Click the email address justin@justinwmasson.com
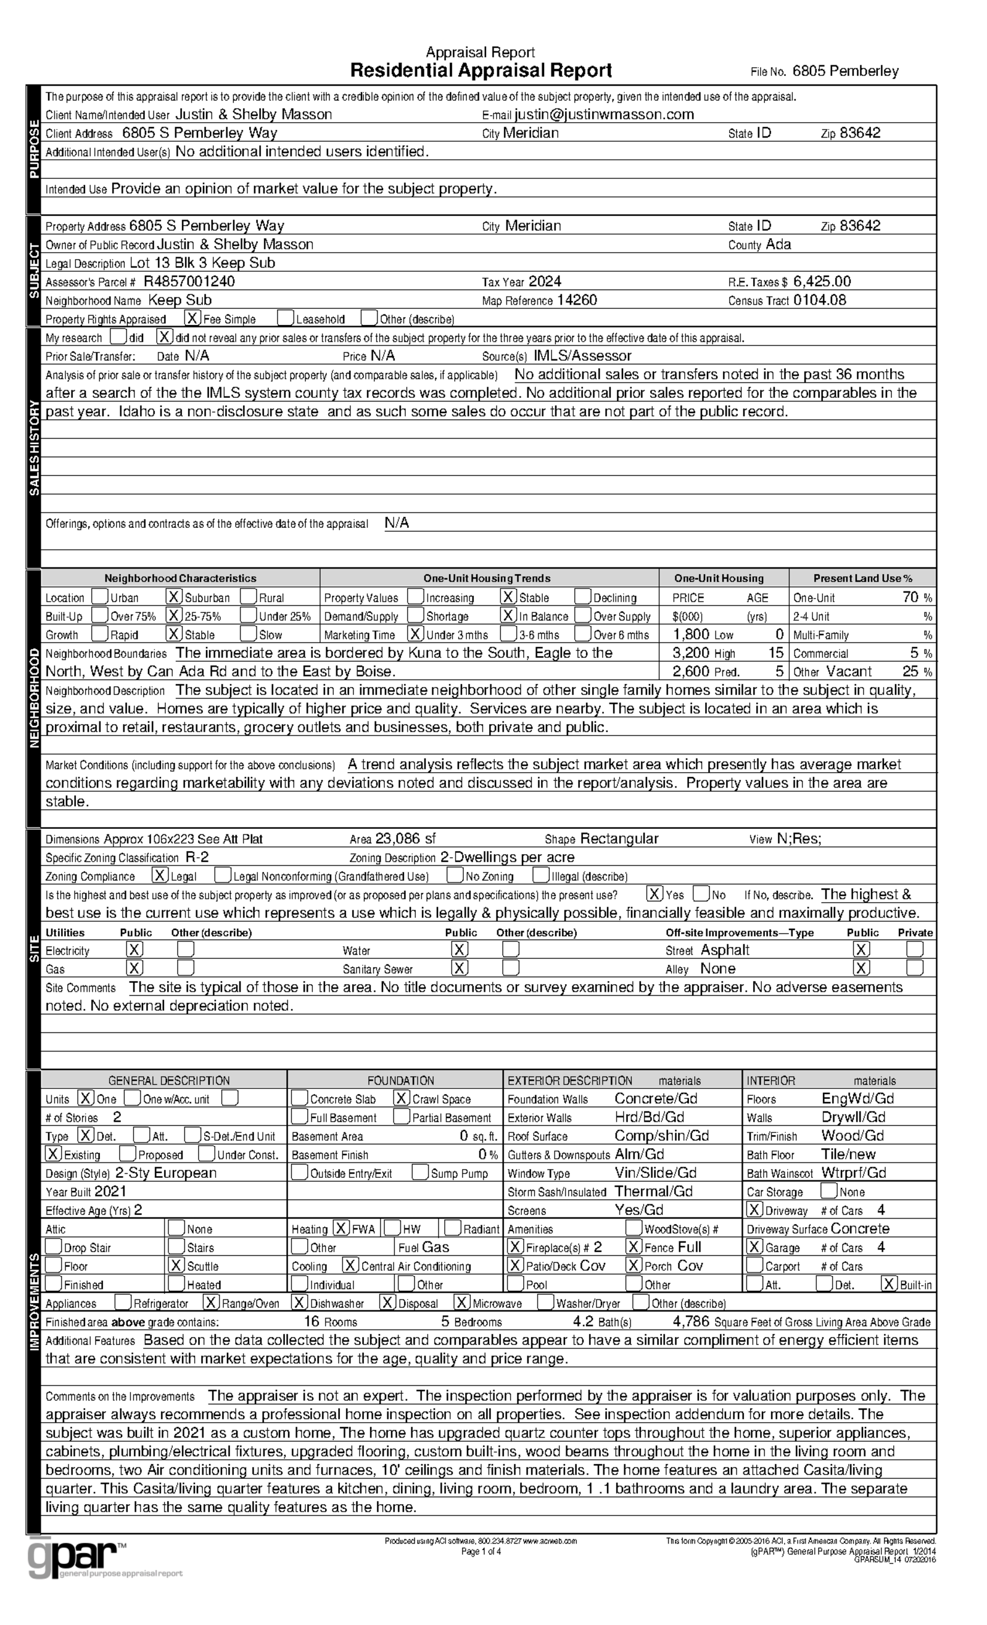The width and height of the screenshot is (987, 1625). coord(604,115)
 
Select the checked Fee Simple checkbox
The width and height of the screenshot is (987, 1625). coord(192,318)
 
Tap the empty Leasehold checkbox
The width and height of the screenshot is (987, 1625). coord(285,318)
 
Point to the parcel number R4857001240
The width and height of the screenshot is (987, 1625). coord(189,282)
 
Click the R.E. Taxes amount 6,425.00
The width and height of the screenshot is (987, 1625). coord(822,282)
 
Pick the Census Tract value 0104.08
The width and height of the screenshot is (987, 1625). coord(819,300)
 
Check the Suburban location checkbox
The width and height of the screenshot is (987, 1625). coord(173,597)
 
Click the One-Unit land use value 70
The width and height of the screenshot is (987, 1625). coord(910,597)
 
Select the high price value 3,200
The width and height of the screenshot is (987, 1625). coord(691,653)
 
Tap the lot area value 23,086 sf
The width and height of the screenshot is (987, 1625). coord(405,839)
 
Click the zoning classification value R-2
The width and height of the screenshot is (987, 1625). coord(197,857)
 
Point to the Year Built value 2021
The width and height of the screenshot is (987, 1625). coord(110,1191)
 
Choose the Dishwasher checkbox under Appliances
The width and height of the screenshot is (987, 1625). coord(300,1302)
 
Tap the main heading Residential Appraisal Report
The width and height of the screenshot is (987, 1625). coord(481,70)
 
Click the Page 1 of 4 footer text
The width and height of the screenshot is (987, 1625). coord(481,1552)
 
